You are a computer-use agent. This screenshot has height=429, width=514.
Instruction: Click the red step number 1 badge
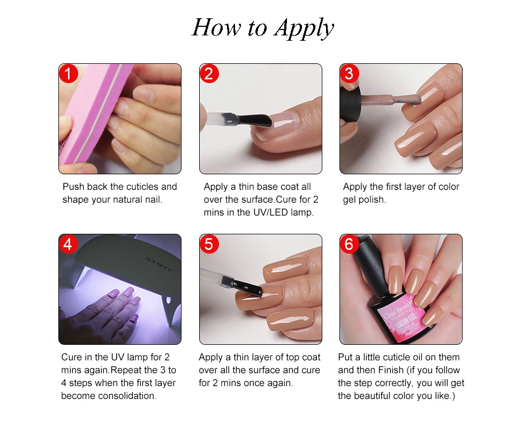68,73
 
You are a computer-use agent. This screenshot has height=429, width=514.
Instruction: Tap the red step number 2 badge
209,73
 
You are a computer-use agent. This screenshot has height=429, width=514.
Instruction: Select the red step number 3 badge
349,73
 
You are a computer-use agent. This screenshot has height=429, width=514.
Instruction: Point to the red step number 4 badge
68,244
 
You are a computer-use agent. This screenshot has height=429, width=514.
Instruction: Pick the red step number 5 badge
209,244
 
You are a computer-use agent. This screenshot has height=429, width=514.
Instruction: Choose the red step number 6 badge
349,244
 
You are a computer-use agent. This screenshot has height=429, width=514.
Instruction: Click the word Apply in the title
304,28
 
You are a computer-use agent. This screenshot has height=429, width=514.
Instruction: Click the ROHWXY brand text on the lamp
158,264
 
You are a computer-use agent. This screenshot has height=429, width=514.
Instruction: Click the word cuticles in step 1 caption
138,187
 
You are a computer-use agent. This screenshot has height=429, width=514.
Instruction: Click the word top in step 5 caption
292,358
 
